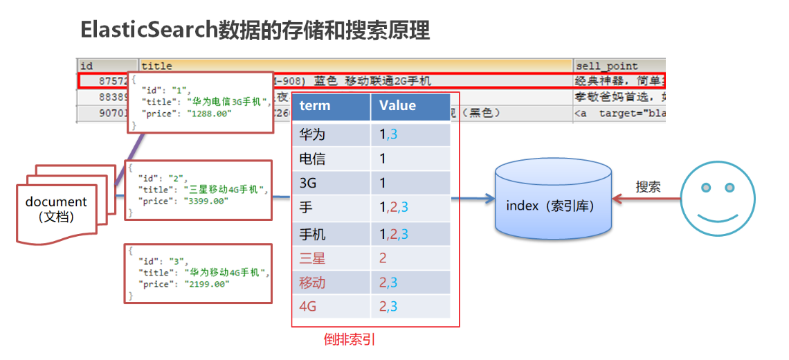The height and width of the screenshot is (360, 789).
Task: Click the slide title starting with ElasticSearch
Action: (255, 30)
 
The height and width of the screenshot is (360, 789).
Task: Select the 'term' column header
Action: (315, 106)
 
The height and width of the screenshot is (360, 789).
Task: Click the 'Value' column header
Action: (397, 106)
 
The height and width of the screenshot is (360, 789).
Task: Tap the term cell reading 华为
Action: (312, 134)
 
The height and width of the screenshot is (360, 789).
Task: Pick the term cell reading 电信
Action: (312, 159)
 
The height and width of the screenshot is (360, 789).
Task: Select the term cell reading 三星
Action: (312, 259)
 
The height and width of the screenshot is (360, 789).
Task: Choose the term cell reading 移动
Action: (312, 283)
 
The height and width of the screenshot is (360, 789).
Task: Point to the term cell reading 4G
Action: (308, 306)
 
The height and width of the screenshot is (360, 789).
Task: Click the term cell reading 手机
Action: (312, 234)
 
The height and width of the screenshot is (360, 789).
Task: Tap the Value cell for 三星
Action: (383, 259)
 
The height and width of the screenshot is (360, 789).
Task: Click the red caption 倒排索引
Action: (350, 340)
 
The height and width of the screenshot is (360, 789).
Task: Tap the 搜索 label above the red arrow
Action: (648, 187)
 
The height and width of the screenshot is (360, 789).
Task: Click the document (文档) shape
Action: (57, 209)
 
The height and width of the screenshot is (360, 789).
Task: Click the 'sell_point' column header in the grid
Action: (606, 66)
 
